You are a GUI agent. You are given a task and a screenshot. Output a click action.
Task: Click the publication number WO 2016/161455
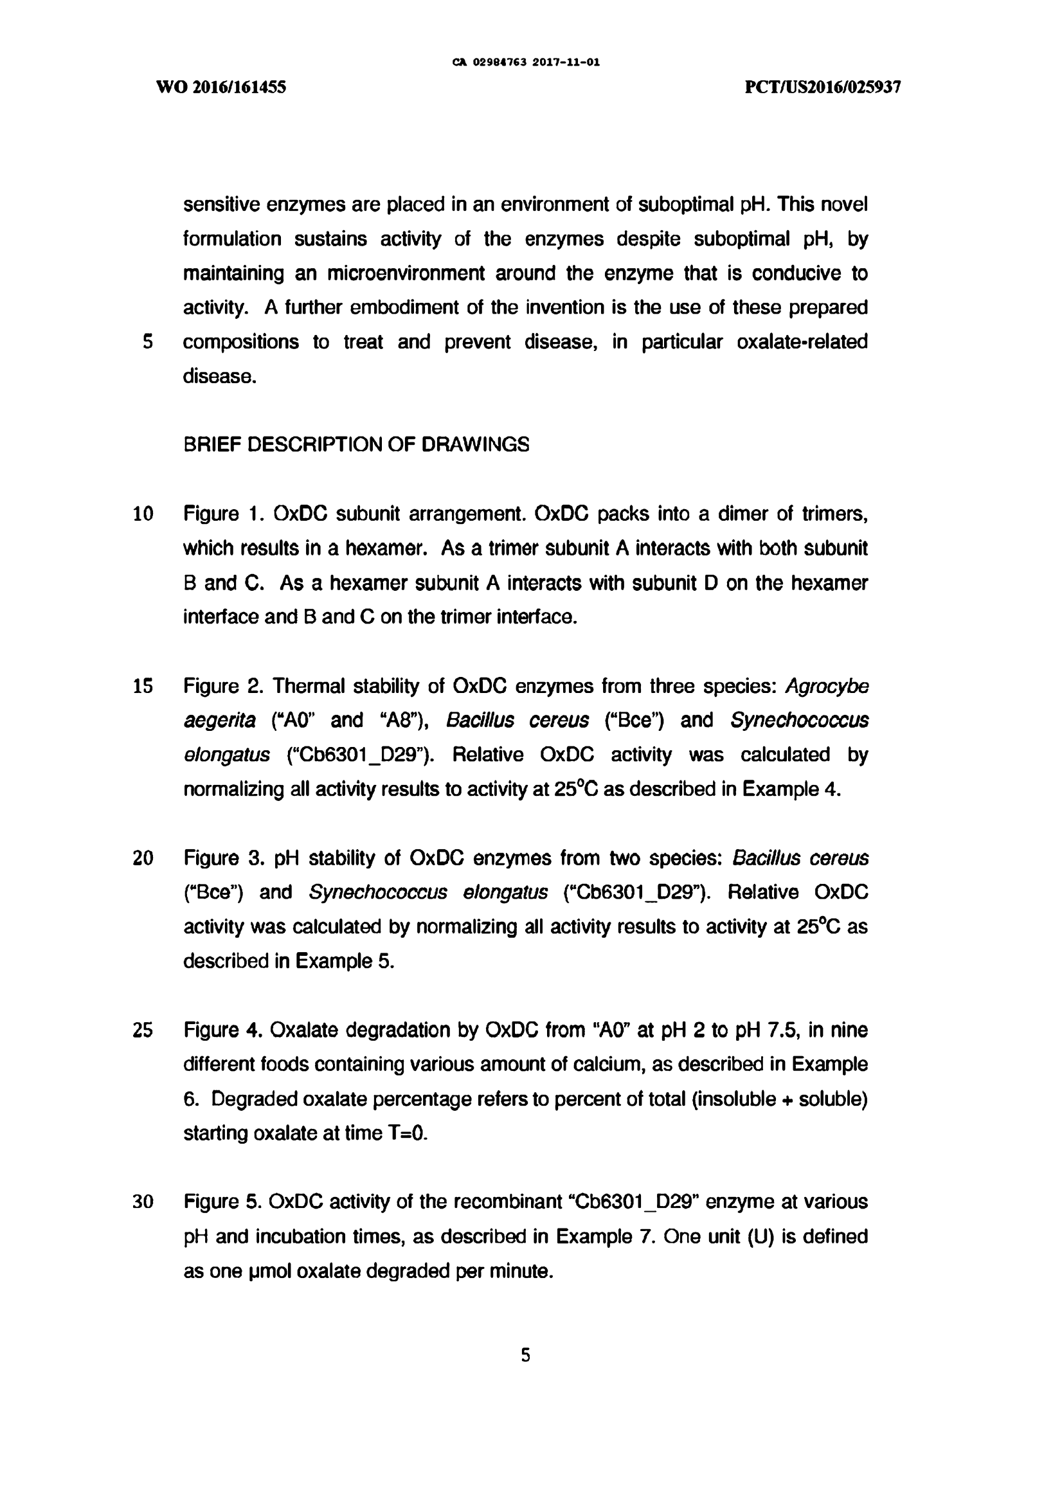(x=221, y=87)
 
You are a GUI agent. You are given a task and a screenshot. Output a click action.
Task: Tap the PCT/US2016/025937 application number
(x=823, y=87)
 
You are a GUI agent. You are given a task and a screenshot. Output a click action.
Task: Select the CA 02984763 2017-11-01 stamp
(x=526, y=63)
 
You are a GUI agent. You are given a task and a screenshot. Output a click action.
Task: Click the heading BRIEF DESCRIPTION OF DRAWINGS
(x=356, y=444)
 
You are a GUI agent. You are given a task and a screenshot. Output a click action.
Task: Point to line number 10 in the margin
(x=143, y=514)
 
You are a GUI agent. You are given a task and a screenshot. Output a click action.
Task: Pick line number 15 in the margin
(x=143, y=686)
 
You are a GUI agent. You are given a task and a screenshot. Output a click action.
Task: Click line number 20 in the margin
(x=143, y=858)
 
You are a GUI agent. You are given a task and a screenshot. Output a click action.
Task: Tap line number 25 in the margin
(x=143, y=1030)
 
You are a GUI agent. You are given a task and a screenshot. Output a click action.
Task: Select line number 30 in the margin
(x=143, y=1202)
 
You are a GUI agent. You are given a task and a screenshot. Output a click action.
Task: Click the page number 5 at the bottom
(x=526, y=1355)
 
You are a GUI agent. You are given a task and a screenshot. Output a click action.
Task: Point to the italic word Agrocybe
(x=827, y=686)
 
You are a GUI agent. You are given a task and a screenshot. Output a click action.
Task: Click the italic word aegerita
(x=219, y=720)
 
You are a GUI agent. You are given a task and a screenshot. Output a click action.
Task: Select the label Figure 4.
(x=223, y=1030)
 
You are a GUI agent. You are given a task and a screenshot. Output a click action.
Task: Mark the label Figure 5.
(x=223, y=1202)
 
